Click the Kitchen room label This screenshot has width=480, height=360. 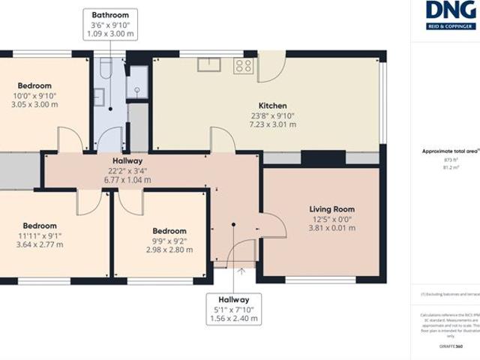(272, 106)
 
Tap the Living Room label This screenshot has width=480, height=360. (331, 209)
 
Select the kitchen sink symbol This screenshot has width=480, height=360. (208, 64)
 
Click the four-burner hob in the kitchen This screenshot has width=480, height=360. (244, 65)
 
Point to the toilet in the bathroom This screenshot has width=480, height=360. (103, 72)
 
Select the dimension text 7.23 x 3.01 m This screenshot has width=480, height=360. (272, 124)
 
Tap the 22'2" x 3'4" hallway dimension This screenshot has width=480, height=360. (127, 170)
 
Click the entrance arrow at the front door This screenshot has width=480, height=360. (241, 271)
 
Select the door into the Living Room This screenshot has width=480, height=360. (271, 225)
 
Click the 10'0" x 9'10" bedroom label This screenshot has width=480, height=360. (35, 95)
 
